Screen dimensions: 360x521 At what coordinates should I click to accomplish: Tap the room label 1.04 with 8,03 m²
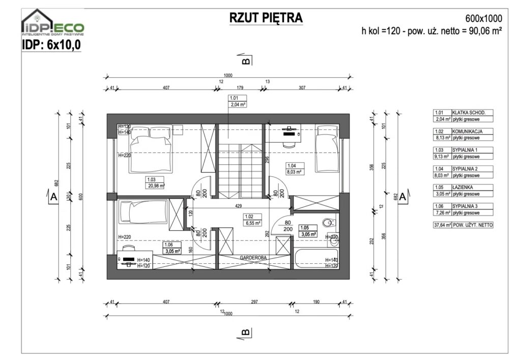(295, 169)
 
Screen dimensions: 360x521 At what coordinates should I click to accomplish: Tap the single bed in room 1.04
(327, 150)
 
